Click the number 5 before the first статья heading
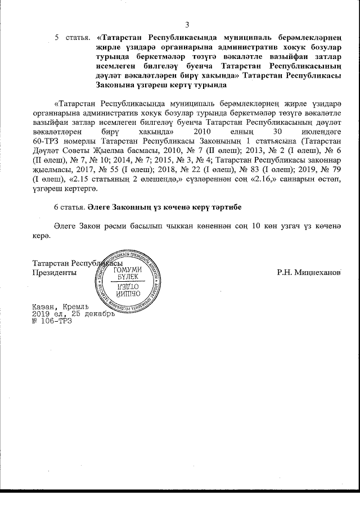(x=57, y=38)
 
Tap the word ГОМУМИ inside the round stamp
(x=127, y=270)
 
